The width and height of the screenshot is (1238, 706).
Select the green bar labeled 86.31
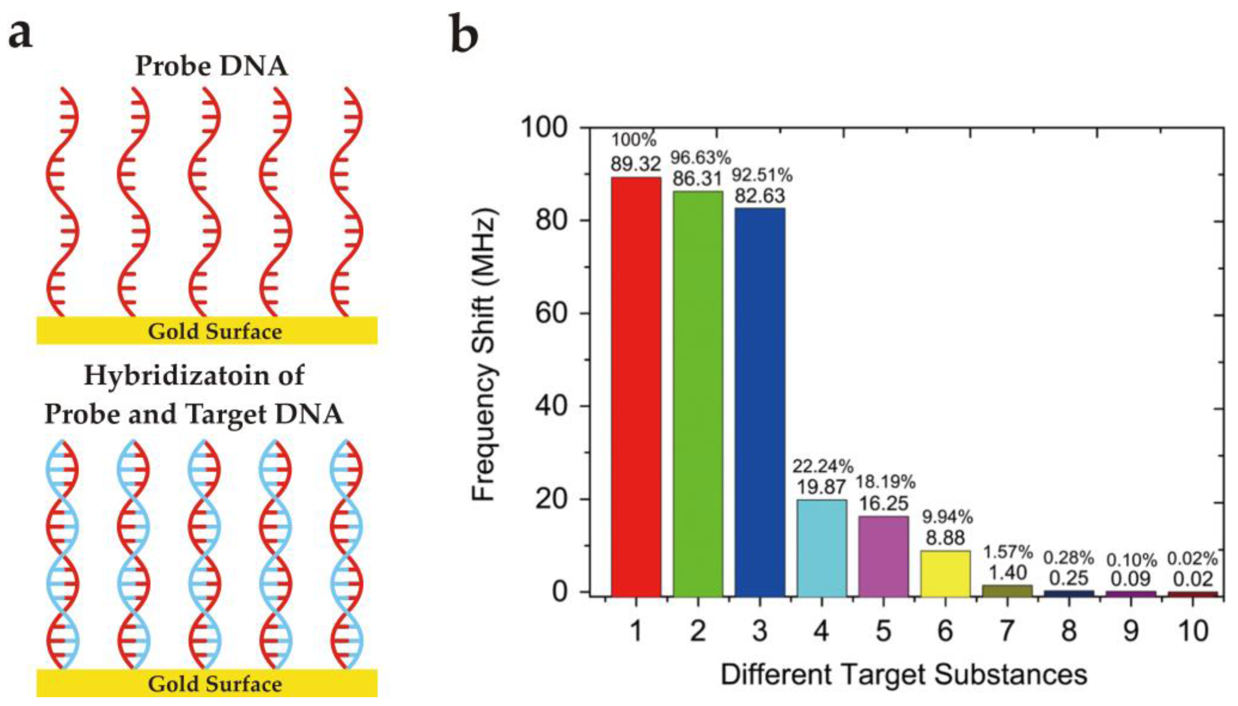click(x=697, y=393)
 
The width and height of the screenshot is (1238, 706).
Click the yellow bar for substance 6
click(x=945, y=573)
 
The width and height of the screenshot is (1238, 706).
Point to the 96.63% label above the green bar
click(x=700, y=158)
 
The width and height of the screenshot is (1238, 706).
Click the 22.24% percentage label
click(x=823, y=467)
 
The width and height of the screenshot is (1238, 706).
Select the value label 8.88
click(x=945, y=538)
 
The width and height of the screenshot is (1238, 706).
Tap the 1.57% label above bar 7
click(x=1008, y=552)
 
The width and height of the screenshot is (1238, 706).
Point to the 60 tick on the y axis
click(x=551, y=314)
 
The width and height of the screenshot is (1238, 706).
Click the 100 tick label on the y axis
click(x=543, y=128)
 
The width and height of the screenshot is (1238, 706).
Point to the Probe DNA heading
click(x=212, y=66)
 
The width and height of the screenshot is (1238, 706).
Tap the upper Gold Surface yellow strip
click(x=207, y=331)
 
